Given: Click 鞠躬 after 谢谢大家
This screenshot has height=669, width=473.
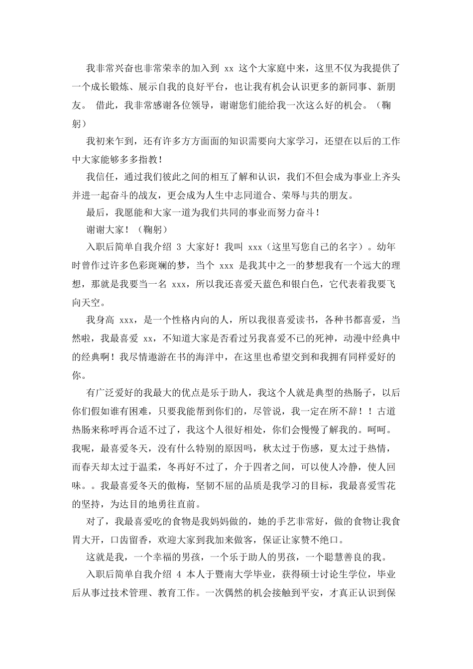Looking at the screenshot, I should click(152, 229).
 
